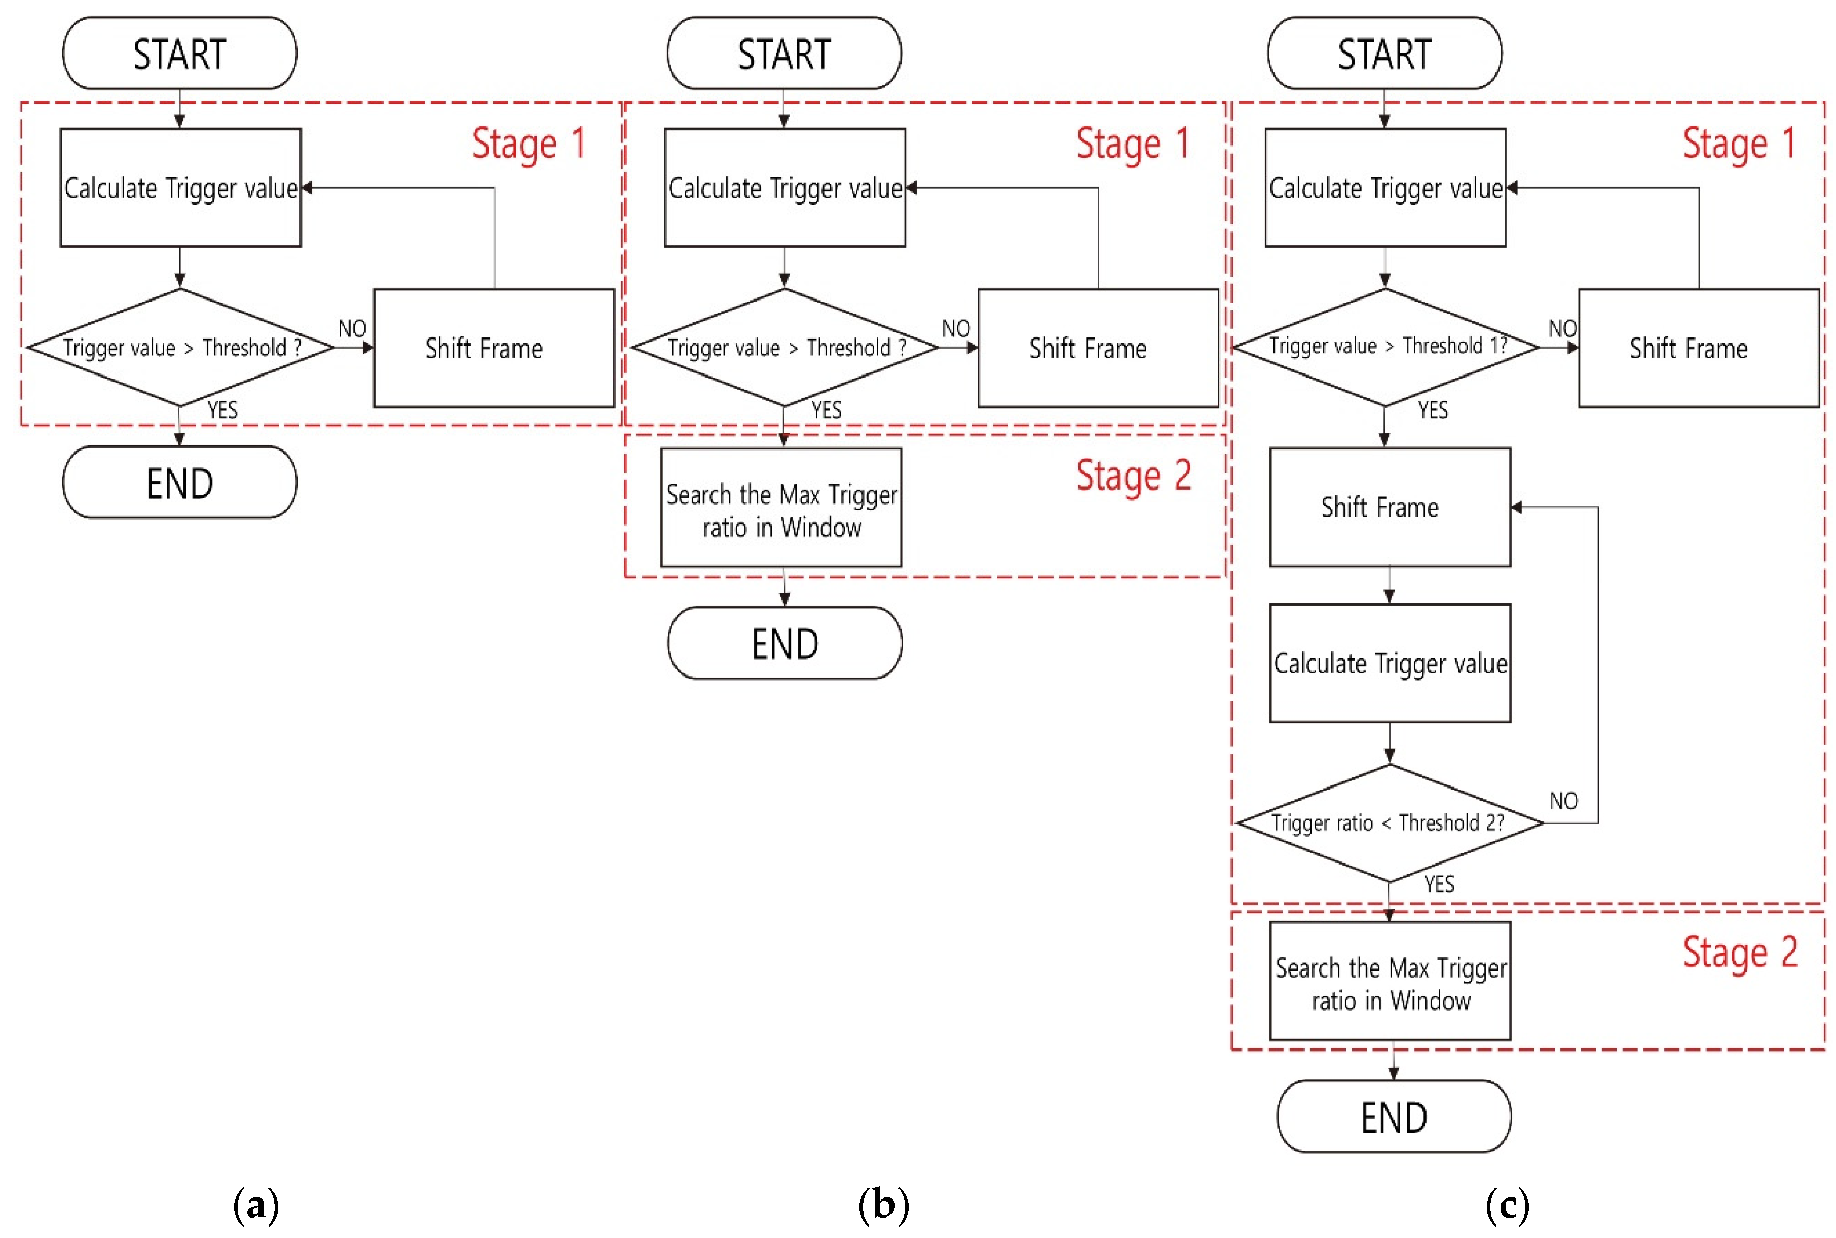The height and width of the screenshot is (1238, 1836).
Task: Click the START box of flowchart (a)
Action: (180, 53)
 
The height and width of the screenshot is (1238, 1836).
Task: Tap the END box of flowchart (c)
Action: (1393, 1116)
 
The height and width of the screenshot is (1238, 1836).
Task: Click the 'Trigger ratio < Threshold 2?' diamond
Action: (1389, 822)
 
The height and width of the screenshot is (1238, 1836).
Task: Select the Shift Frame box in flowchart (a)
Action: (494, 348)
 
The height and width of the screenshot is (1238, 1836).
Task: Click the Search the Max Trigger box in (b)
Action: (780, 508)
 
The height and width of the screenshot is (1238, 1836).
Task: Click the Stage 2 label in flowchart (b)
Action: (1134, 476)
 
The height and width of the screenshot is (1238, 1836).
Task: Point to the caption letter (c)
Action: (1507, 1206)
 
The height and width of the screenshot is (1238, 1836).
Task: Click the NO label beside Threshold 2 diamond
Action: (1563, 801)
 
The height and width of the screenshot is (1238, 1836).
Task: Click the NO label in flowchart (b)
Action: (955, 328)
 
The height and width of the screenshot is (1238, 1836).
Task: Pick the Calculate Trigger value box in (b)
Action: (784, 188)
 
